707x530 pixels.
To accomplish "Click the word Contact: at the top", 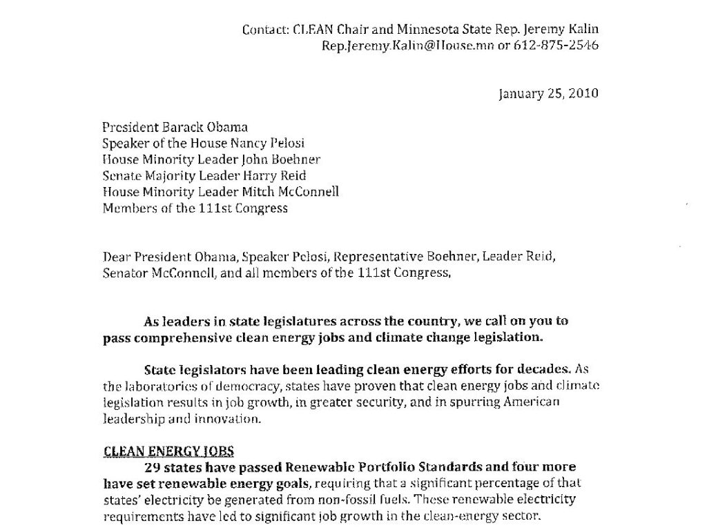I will coord(263,29).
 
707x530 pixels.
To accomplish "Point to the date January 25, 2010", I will coord(548,94).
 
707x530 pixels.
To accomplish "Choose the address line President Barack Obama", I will coord(176,127).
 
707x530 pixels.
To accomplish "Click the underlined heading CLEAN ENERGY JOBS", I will coord(168,451).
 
